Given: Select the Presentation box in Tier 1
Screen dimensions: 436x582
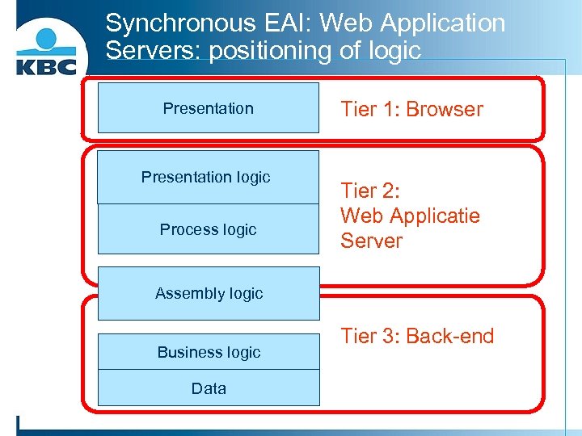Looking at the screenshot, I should (208, 108).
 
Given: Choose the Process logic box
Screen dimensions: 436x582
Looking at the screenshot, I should (208, 229).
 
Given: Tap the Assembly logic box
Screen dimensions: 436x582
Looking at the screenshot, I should (209, 293).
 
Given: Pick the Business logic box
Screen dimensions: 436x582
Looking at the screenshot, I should (209, 352).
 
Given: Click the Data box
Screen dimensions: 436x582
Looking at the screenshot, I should (209, 388).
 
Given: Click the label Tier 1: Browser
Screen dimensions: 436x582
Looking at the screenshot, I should (411, 109).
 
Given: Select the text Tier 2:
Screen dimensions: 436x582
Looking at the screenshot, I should (371, 191).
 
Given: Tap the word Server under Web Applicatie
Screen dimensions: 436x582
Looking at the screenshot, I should (371, 241).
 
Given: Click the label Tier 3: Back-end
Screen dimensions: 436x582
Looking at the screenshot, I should (417, 336).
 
